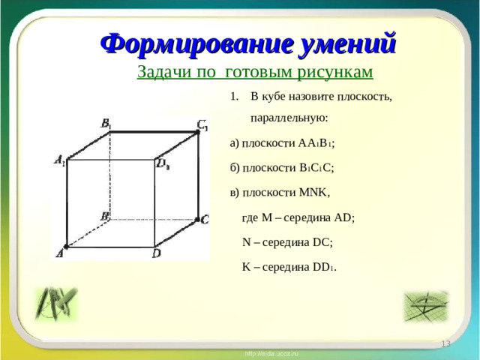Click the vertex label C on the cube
pyautogui.click(x=205, y=220)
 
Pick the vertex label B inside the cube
pyautogui.click(x=105, y=216)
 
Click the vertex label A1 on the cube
pyautogui.click(x=59, y=159)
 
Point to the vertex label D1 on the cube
pyautogui.click(x=163, y=163)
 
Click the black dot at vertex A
pyautogui.click(x=67, y=246)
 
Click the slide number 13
pyautogui.click(x=445, y=343)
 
